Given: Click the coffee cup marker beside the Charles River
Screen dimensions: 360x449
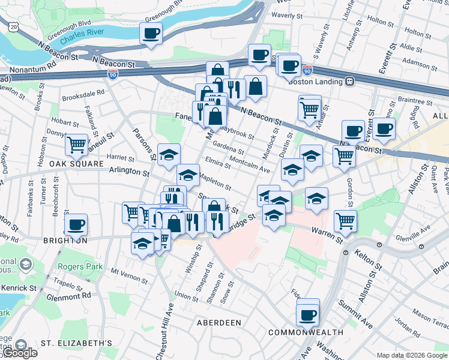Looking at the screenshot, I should [x=151, y=33].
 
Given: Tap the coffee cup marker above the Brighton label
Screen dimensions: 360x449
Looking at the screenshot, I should [x=76, y=225].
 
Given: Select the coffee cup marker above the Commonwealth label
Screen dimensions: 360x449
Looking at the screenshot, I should [x=308, y=314].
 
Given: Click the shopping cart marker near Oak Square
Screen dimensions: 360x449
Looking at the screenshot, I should [x=77, y=144].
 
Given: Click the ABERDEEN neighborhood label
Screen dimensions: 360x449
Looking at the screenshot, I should [x=219, y=323].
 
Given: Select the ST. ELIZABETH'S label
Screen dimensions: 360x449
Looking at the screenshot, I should [x=76, y=343].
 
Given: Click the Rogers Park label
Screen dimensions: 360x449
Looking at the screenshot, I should [x=77, y=266].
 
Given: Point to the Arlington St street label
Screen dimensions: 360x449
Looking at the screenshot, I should [x=128, y=172].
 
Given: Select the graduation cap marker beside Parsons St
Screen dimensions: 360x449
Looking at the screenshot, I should [x=169, y=154].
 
